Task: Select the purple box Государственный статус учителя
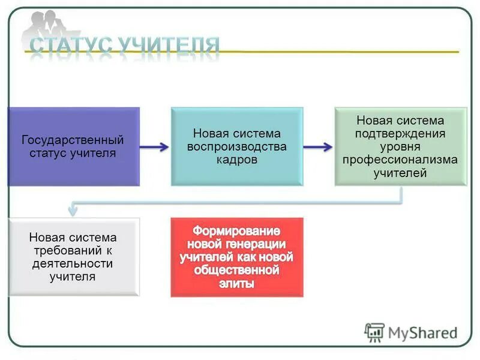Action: (73, 146)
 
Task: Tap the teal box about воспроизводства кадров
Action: (237, 146)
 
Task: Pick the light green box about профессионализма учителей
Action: (400, 146)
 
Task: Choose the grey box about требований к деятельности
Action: (73, 257)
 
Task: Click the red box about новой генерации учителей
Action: (237, 257)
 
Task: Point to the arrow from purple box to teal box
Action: (155, 147)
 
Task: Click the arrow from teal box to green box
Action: (318, 147)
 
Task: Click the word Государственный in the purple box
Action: (73, 140)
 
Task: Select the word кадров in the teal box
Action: (237, 160)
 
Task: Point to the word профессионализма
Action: (400, 160)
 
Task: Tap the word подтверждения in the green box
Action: (400, 134)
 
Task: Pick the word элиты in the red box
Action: (237, 284)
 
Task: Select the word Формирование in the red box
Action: (237, 230)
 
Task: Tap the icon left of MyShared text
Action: (375, 332)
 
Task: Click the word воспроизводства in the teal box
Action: (237, 146)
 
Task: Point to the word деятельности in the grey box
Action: (73, 263)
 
